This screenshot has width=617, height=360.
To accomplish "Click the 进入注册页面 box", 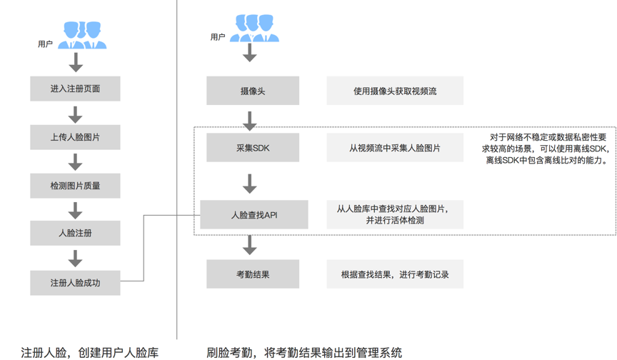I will pos(75,89).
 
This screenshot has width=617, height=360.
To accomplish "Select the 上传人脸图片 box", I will pos(75,137).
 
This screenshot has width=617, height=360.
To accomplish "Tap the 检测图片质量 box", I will pos(75,186).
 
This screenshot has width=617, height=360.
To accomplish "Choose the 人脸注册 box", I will pos(75,234).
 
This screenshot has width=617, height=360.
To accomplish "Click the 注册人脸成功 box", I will pos(75,283).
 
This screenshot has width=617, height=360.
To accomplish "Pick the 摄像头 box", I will pos(253,91).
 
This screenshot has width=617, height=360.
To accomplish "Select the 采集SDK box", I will pos(253,148).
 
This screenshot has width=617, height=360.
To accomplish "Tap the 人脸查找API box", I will pos(254,214).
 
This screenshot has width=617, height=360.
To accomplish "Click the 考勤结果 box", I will pos(253,274).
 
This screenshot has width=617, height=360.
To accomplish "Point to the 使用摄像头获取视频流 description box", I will pos(395,91).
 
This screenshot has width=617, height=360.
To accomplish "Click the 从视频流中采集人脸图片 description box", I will pos(395,148).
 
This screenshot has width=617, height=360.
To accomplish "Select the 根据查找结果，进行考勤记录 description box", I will pos(395,274).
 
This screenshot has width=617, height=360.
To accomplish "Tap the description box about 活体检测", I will pos(395,214).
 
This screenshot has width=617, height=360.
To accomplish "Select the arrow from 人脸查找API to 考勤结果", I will pos(250,244).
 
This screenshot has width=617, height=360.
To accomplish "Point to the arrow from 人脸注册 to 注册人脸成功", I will pos(75,258).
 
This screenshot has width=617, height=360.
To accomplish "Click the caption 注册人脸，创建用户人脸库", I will pos(90,352).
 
